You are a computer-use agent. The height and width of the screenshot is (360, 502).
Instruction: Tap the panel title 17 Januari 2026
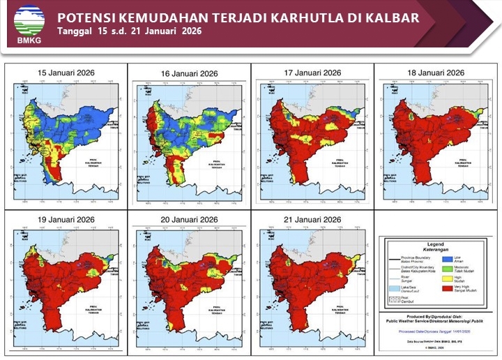pos(312,73)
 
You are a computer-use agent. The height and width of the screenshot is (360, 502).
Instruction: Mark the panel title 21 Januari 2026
pos(312,220)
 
